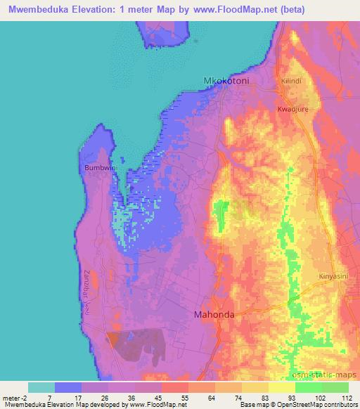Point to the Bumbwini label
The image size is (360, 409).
pyautogui.click(x=98, y=169)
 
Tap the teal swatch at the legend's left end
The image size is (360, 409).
pyautogui.click(x=41, y=387)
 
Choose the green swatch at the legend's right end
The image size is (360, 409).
pyautogui.click(x=335, y=387)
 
